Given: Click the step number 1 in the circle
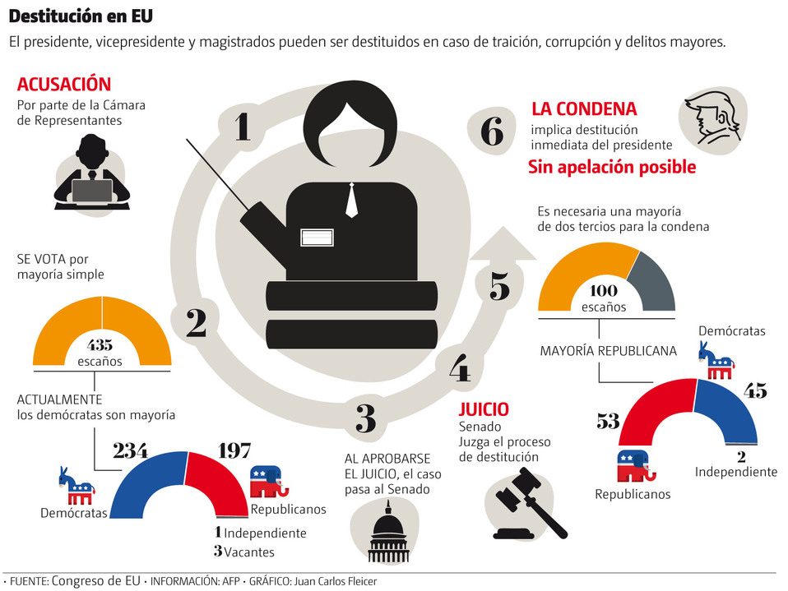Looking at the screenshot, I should [x=242, y=127].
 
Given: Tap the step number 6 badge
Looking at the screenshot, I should [x=491, y=132].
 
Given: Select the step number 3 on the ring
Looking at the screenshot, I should [x=366, y=418].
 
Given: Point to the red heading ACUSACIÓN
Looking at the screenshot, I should [x=63, y=84].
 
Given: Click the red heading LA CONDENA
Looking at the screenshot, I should [x=584, y=109].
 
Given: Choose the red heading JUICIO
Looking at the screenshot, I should [x=484, y=409].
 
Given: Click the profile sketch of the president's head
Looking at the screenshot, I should [x=713, y=120].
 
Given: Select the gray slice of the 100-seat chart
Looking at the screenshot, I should [x=655, y=279].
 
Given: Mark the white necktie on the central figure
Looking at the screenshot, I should [x=352, y=200].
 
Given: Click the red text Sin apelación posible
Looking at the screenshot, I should [x=611, y=167].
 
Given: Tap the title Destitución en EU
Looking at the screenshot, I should [x=81, y=16].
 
